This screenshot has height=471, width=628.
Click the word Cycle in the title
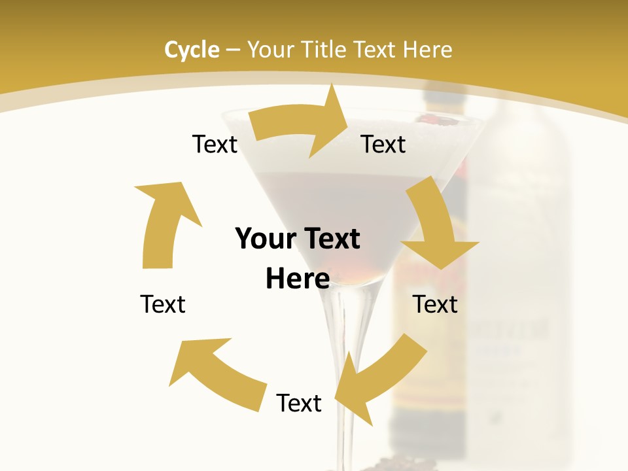pos(192,50)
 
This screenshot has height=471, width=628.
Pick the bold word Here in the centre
pos(298,279)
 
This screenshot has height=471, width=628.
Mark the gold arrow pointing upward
pos(164,222)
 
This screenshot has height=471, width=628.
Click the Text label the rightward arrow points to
pos(383,145)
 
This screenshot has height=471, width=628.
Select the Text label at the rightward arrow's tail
pos(215,145)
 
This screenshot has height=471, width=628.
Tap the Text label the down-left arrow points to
pos(299,403)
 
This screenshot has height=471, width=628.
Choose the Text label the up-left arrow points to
pos(163,304)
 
